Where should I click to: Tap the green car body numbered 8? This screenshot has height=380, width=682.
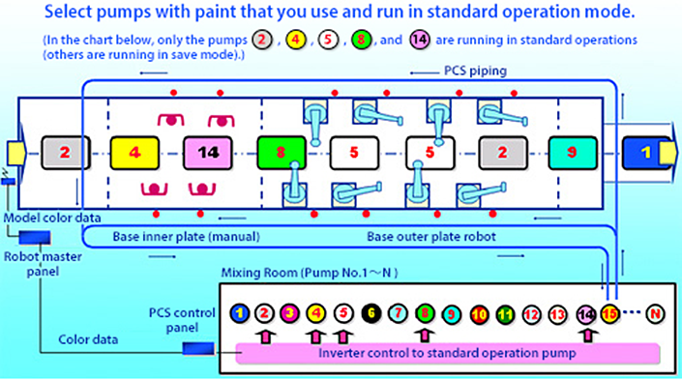coord(282,153)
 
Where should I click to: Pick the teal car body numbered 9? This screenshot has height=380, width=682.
coord(571,152)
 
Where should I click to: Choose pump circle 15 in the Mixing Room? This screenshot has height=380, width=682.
coord(609,312)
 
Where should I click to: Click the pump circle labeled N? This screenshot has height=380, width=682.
coord(657,313)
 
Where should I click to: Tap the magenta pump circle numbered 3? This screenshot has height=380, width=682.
coord(289,313)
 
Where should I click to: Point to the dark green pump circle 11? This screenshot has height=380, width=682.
coord(503,313)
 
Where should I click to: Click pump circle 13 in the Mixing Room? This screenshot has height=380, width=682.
coord(556,313)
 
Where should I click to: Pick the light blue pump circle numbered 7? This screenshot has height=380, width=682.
coord(396,313)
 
